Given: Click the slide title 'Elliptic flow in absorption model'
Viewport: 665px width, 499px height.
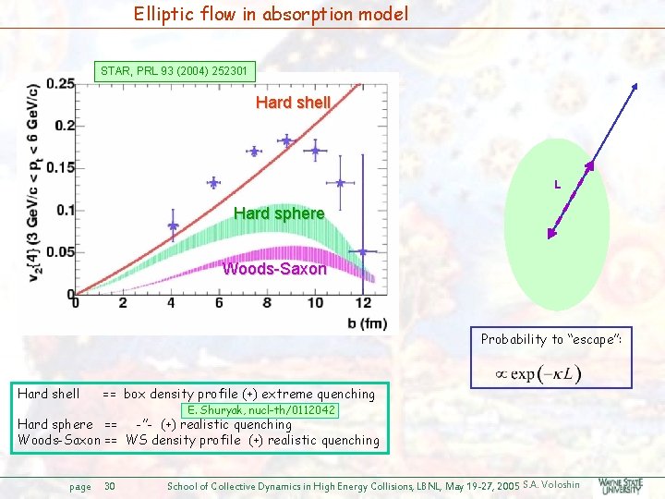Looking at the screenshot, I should tap(270, 14).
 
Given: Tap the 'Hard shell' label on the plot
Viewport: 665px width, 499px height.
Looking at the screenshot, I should tap(293, 103).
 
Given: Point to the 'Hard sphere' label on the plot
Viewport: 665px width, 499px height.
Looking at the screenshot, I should tap(279, 214).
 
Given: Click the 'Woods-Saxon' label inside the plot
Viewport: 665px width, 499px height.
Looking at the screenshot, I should tap(274, 270).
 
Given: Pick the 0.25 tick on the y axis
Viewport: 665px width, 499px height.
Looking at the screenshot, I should tap(60, 84).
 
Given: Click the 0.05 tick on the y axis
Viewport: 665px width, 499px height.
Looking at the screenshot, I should tap(60, 252).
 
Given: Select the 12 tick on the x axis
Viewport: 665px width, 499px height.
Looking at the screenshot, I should tap(363, 303).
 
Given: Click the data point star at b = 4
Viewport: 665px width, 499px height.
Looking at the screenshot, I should tap(172, 225).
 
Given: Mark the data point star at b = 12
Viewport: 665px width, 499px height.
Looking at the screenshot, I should tap(363, 250).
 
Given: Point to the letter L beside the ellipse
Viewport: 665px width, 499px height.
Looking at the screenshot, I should tap(557, 185).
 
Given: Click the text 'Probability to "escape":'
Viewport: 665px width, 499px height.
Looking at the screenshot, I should tap(550, 339).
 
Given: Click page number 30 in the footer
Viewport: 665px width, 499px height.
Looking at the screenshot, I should tap(110, 485).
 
